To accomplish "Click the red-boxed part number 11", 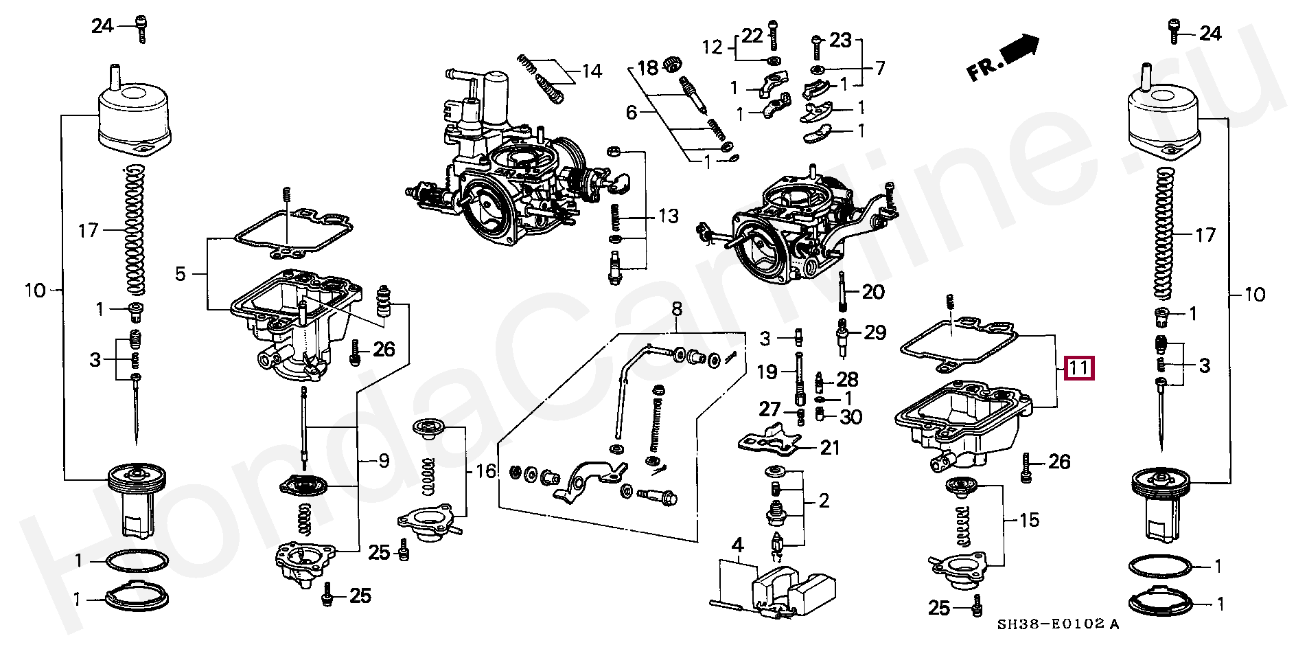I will [x=1078, y=369].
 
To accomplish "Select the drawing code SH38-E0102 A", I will [x=1058, y=624].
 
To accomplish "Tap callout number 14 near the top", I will [x=592, y=71].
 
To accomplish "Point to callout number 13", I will [x=668, y=216].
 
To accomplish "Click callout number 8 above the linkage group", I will [x=677, y=309].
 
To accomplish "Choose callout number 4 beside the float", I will [x=737, y=547].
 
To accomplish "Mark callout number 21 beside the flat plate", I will [x=830, y=448].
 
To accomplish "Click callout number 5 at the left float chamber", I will [x=180, y=274].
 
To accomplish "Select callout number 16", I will [x=485, y=471].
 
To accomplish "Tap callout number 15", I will [x=1029, y=520].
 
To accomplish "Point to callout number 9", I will [x=383, y=461].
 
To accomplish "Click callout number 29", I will [x=875, y=332].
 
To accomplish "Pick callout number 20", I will [x=872, y=292].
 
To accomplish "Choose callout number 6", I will [x=632, y=112].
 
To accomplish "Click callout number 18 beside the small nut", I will [x=647, y=67].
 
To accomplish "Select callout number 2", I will [x=824, y=501].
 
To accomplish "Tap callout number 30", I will [x=851, y=416].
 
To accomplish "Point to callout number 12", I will [x=713, y=47].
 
